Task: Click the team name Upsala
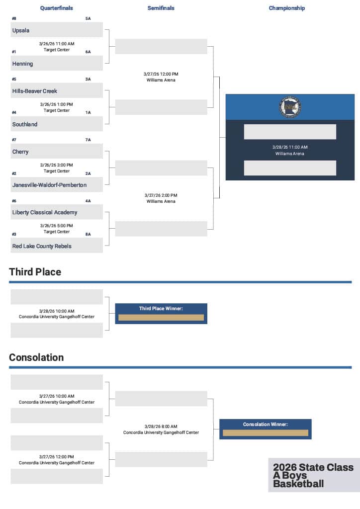tap(21, 30)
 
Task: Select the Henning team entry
tap(22, 64)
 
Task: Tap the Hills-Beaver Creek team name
tap(35, 91)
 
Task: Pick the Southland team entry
tap(25, 124)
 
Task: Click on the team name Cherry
tap(20, 152)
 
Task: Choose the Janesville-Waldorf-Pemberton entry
tap(49, 185)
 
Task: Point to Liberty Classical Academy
tap(45, 212)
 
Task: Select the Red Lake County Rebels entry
tap(42, 246)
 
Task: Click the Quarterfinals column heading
tap(57, 8)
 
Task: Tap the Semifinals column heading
tap(161, 8)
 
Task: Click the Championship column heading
tap(287, 8)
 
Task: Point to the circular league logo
tap(290, 107)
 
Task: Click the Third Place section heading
tap(35, 272)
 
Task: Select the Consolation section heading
tap(36, 357)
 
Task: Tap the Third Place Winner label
tap(161, 309)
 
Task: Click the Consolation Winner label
tap(266, 424)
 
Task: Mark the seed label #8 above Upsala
tap(14, 18)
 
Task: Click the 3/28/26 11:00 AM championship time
tap(290, 147)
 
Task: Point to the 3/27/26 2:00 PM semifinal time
tap(161, 195)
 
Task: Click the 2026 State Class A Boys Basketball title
tap(313, 475)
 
